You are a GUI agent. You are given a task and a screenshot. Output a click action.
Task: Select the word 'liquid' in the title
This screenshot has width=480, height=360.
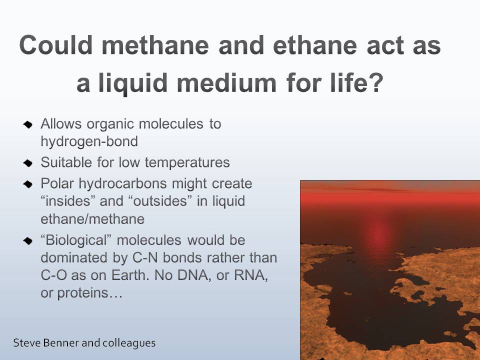[133, 83]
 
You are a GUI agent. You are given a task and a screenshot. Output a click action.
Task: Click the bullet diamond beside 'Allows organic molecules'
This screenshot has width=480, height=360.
[28, 125]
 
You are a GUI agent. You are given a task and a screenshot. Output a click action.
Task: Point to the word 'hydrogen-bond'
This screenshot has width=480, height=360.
[89, 141]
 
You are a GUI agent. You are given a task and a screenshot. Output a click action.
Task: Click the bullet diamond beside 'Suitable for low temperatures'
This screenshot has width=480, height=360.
[28, 163]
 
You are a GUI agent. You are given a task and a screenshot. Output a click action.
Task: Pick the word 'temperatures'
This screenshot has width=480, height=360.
[187, 162]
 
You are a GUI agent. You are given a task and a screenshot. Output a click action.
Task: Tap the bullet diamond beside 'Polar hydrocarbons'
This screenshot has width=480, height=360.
[28, 184]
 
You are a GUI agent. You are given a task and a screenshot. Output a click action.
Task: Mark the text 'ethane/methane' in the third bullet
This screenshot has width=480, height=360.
[92, 219]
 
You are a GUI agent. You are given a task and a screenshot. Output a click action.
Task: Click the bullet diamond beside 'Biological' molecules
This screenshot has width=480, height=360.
[28, 241]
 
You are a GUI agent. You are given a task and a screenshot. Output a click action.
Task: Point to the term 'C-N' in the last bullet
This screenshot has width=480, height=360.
[145, 258]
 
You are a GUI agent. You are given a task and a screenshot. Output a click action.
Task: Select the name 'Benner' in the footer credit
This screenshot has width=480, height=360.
[61, 342]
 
